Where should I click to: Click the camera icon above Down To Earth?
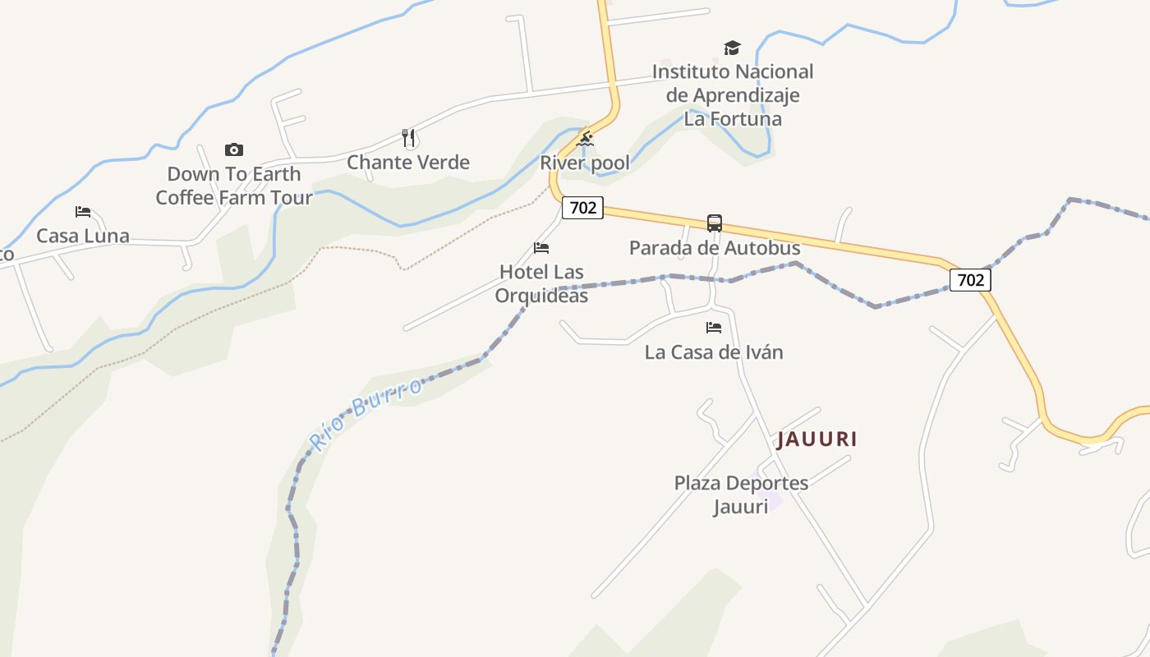[x=234, y=149]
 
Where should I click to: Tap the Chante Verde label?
[x=408, y=162]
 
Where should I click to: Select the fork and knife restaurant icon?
[x=408, y=137]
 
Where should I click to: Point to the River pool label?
[x=585, y=163]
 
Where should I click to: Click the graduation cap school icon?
[x=732, y=48]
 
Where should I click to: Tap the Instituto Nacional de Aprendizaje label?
[x=733, y=94]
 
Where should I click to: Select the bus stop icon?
[x=715, y=223]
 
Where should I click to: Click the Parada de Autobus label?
[x=715, y=247]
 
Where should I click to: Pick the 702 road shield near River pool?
[x=582, y=208]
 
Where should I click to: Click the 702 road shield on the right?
[x=970, y=280]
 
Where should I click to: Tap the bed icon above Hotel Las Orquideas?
[x=541, y=247]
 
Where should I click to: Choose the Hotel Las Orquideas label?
[x=541, y=283]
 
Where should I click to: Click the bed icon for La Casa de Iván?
[x=714, y=328]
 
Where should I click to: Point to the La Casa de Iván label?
[x=714, y=352]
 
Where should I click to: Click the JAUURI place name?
[x=817, y=439]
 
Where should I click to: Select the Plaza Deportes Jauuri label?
[x=741, y=494]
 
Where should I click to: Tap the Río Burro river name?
[x=366, y=416]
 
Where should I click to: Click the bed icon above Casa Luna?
[x=83, y=211]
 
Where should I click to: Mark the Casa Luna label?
[x=83, y=236]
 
